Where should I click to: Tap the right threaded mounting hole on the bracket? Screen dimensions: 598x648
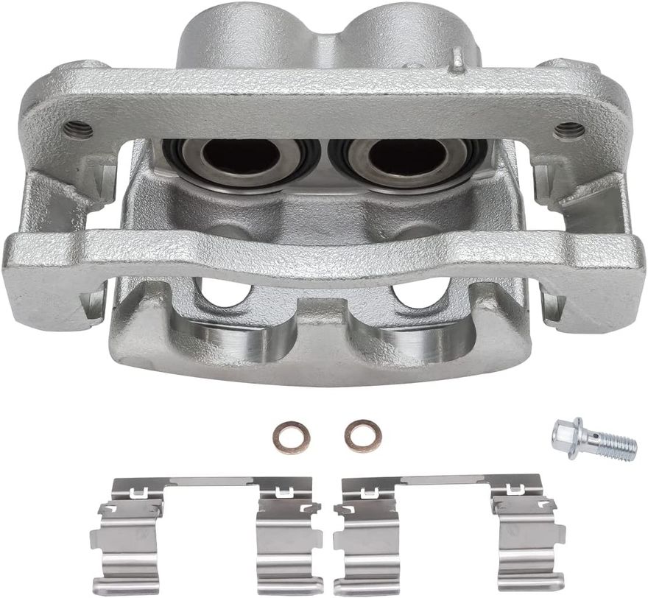(569, 131)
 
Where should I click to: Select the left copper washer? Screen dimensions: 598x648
(291, 437)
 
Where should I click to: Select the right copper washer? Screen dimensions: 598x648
(363, 436)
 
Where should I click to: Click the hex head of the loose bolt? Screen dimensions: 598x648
(568, 437)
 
